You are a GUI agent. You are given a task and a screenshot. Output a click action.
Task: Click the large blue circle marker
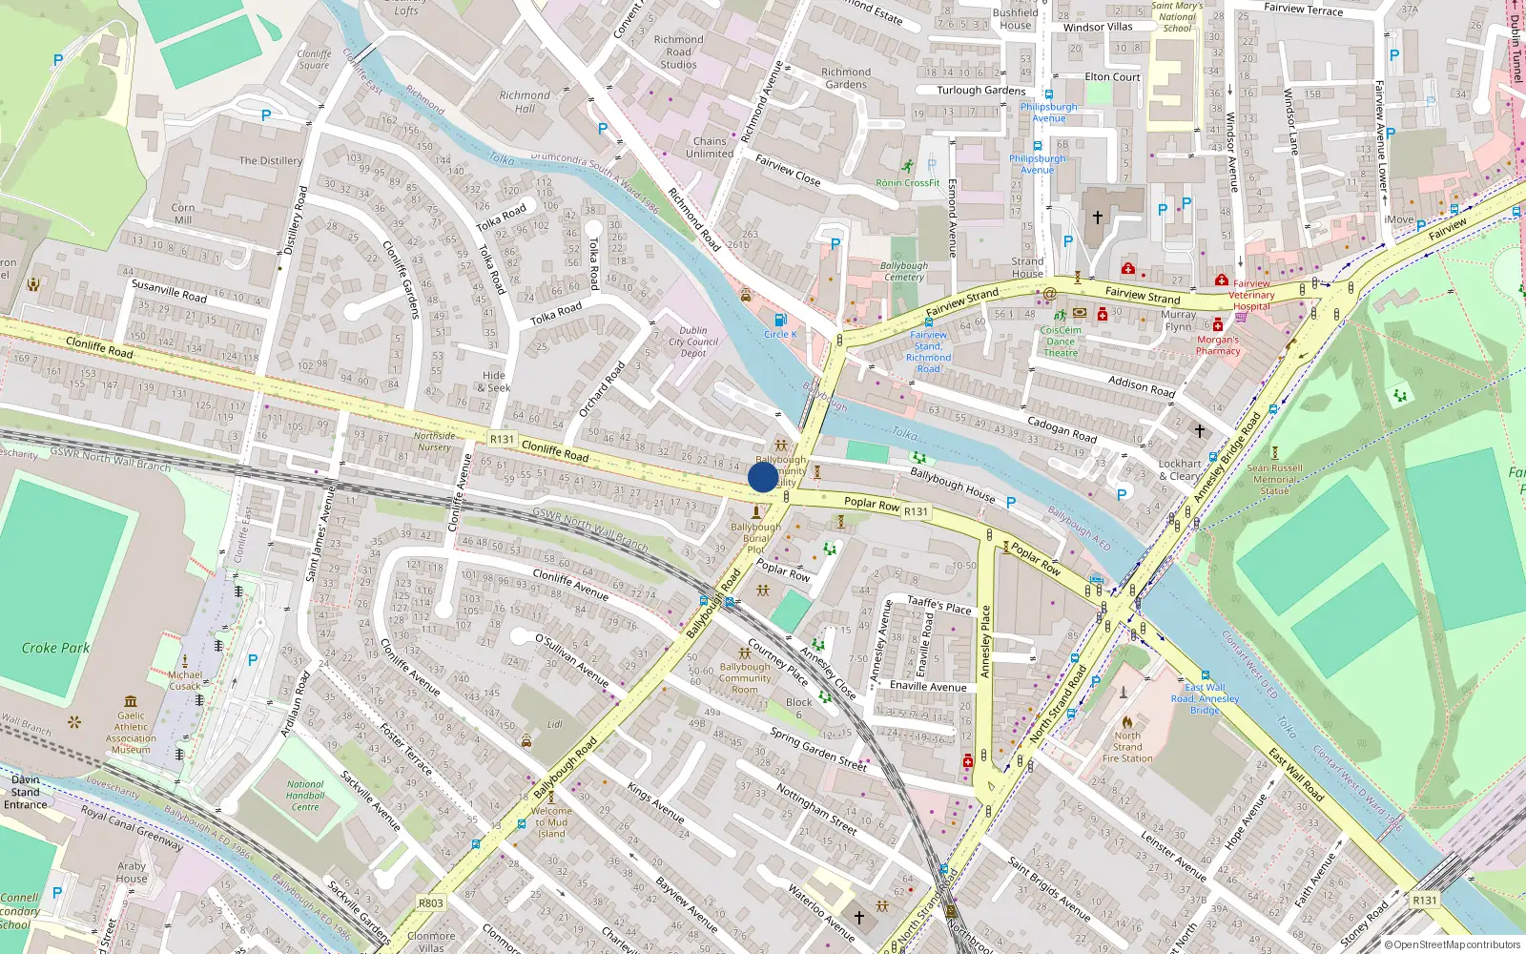(x=763, y=477)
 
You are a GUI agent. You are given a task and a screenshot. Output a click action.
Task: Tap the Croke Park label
(x=55, y=648)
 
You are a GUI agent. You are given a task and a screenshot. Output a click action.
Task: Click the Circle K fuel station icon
(x=780, y=320)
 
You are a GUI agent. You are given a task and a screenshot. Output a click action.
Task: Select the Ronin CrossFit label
(x=908, y=182)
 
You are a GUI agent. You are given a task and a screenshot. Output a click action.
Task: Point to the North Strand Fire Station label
(x=1127, y=747)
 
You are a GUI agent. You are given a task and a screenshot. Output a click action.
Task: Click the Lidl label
(x=555, y=724)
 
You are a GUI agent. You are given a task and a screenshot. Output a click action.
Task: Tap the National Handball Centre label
(x=305, y=796)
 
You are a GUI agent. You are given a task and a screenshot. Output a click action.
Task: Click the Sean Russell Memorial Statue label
(x=1274, y=479)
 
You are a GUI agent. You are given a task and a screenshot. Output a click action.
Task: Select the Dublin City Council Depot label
(x=693, y=342)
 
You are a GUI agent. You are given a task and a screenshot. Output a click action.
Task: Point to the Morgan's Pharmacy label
(x=1218, y=345)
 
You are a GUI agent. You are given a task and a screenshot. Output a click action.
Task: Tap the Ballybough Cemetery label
(x=904, y=271)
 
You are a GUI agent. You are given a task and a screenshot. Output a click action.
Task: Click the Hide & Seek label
(x=494, y=382)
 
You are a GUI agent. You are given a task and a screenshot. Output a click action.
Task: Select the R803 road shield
(x=431, y=902)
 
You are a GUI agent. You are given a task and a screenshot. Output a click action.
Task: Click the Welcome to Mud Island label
(x=551, y=822)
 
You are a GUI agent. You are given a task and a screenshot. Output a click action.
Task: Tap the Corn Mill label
(x=183, y=214)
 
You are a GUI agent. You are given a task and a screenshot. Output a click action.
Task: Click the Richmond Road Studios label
(x=679, y=52)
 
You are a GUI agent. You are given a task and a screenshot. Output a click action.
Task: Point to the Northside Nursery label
(x=434, y=442)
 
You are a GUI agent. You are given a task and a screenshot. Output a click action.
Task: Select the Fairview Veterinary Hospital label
(x=1251, y=295)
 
